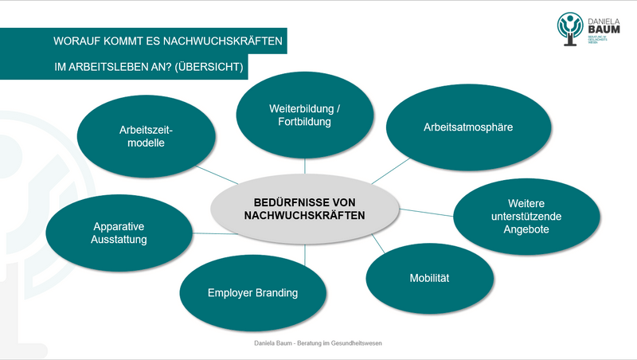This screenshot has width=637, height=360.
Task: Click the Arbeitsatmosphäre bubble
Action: point(468,127)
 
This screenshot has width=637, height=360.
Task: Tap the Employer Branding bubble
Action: point(252,293)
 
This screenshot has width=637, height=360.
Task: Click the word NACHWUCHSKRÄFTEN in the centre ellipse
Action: point(304,215)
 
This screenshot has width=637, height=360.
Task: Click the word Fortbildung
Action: point(304,122)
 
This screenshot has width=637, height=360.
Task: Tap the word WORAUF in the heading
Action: point(74,41)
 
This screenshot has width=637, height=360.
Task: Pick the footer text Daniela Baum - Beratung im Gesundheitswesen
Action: point(318,343)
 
